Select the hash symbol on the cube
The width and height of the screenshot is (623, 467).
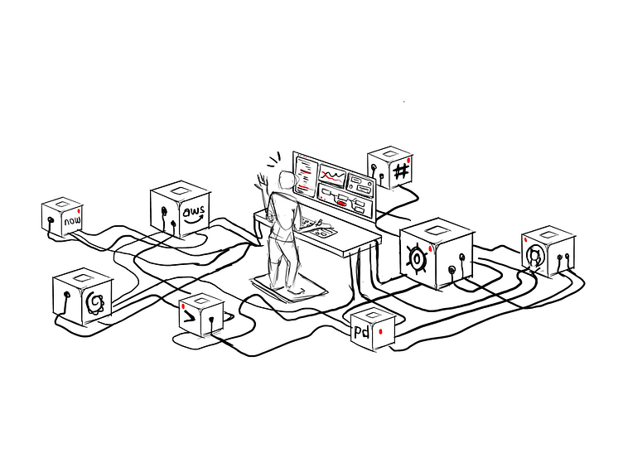coord(400,171)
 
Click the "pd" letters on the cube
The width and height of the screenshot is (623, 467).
coord(361,333)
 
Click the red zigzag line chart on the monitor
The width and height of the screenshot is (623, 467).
coord(332,176)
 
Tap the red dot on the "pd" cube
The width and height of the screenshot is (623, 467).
coord(380,331)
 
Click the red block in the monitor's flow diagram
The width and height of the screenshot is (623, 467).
coord(340,203)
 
